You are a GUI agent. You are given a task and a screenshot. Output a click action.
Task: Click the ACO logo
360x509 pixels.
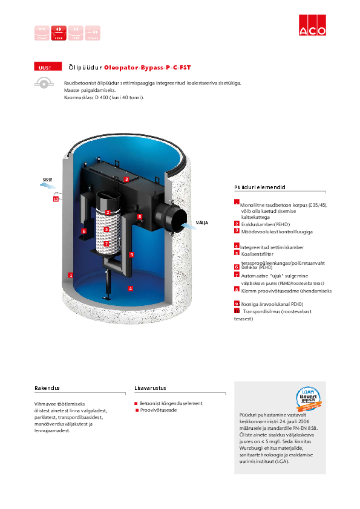[313, 31]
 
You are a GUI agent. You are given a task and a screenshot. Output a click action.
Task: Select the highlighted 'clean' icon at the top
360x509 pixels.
[59, 33]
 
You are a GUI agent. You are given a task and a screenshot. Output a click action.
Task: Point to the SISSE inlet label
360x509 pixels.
[47, 180]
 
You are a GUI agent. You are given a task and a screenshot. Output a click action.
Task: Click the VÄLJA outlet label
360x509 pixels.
[201, 223]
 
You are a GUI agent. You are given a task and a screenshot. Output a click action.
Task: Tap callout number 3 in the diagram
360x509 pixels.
[126, 180]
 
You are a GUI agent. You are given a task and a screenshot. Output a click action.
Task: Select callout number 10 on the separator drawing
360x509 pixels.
[55, 198]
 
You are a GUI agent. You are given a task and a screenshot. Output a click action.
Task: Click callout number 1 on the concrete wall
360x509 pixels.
[71, 275]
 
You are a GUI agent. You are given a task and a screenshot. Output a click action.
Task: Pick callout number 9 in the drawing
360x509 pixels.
[131, 254]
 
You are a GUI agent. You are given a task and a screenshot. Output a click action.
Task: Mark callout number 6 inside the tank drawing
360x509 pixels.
[84, 230]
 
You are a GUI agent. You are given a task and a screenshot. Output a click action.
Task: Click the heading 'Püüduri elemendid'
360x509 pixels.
[259, 187]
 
